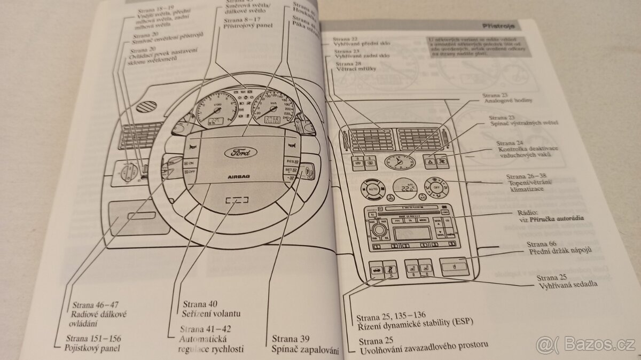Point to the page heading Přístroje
(x=498, y=25)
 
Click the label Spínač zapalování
(x=306, y=350)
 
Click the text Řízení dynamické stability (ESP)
(x=416, y=321)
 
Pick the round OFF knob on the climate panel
(x=436, y=188)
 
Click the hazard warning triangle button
(x=431, y=159)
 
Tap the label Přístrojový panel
(x=249, y=25)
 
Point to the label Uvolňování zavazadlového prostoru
(x=419, y=351)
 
